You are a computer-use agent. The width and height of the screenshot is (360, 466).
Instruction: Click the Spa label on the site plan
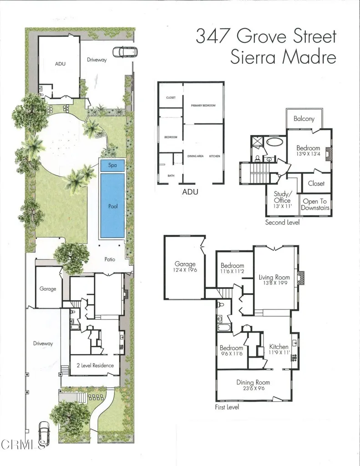coord(112,165)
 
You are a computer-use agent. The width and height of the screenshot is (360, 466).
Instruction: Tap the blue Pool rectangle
coord(112,206)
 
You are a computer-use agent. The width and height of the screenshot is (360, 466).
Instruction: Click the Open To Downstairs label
coord(314,204)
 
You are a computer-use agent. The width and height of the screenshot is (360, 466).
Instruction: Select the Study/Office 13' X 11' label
coord(282,200)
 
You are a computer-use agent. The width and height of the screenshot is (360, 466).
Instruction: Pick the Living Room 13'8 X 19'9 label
coord(274,280)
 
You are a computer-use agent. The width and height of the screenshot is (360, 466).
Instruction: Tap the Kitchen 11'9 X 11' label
coord(279,349)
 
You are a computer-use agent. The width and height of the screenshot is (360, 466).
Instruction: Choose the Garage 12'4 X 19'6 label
coord(185,267)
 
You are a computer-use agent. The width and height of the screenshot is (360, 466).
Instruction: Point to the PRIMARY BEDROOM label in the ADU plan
coord(203,106)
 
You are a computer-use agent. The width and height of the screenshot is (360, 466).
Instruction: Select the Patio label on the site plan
coord(109,259)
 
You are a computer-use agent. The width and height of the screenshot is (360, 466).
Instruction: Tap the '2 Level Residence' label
coord(95,365)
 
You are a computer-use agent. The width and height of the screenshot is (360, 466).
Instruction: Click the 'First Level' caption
coord(227,407)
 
